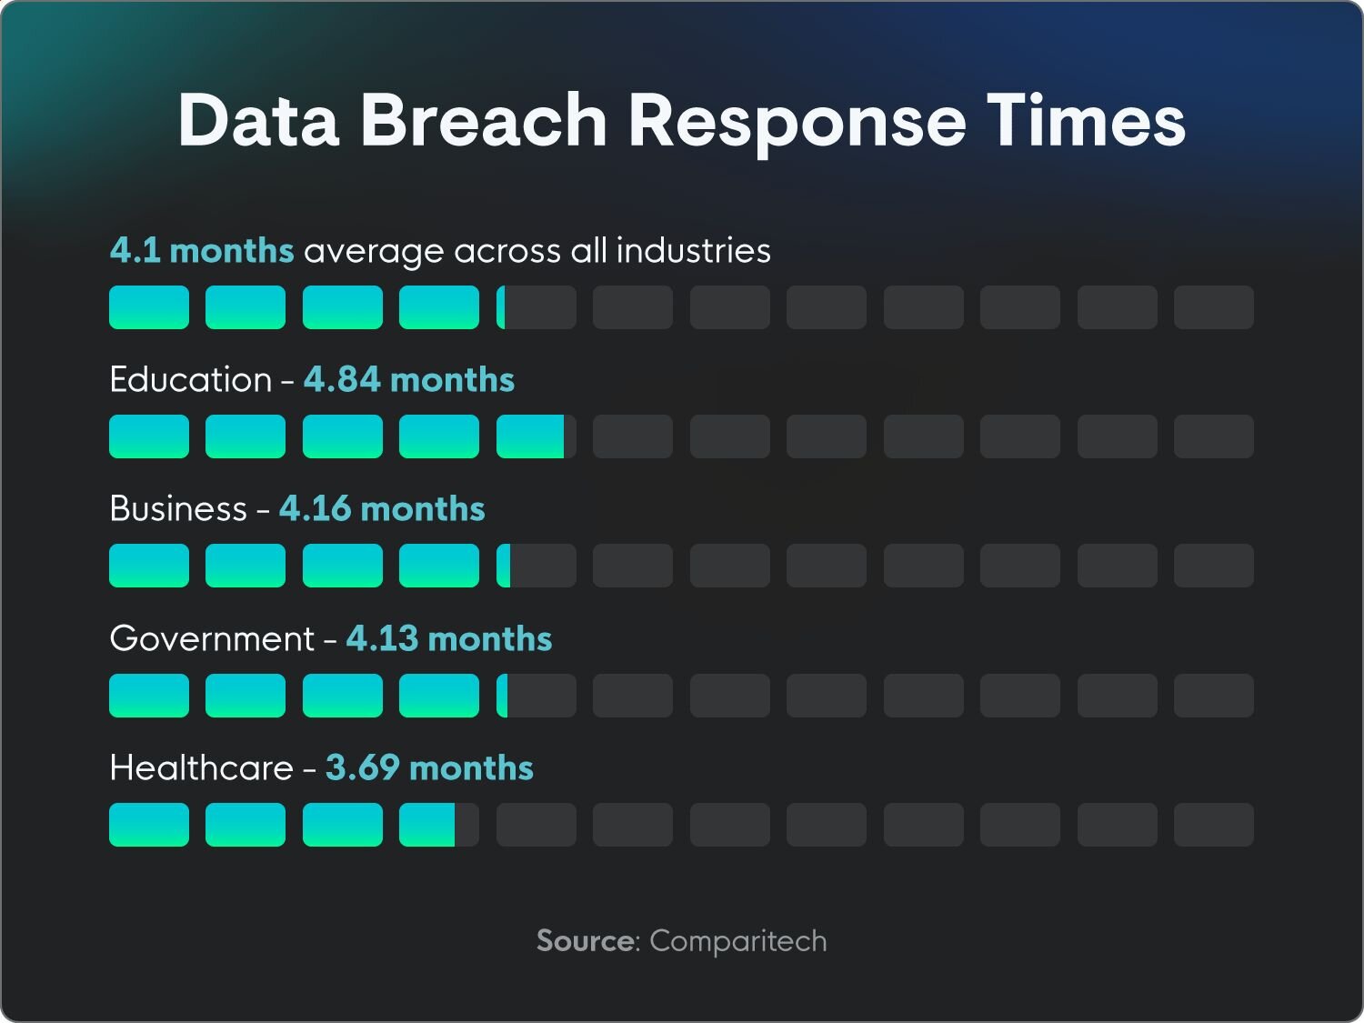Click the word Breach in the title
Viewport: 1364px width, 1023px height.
[x=484, y=120]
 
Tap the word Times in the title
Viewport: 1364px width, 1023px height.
[x=1087, y=120]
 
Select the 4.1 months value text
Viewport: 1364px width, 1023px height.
[x=202, y=250]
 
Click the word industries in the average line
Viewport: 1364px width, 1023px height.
[x=694, y=250]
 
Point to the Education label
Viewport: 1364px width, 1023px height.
[x=191, y=379]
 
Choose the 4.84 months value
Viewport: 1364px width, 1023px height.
[x=409, y=379]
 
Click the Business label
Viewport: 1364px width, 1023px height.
[x=178, y=508]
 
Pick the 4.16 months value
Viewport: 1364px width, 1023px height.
[x=382, y=508]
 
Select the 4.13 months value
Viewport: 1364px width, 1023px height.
[x=449, y=638]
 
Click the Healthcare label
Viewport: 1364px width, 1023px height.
[x=201, y=767]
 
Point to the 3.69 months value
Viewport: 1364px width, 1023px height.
[x=429, y=767]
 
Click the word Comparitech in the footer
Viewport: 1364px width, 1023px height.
[x=738, y=941]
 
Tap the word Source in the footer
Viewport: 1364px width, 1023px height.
[x=585, y=940]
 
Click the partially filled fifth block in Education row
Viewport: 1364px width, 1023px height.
[x=536, y=436]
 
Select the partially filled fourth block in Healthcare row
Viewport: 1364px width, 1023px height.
[x=438, y=825]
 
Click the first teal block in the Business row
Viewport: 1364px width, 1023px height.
[x=149, y=566]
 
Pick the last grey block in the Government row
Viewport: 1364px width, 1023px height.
[x=1214, y=696]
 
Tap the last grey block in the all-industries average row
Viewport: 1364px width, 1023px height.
[x=1214, y=307]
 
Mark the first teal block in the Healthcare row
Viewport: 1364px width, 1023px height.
[x=149, y=825]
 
